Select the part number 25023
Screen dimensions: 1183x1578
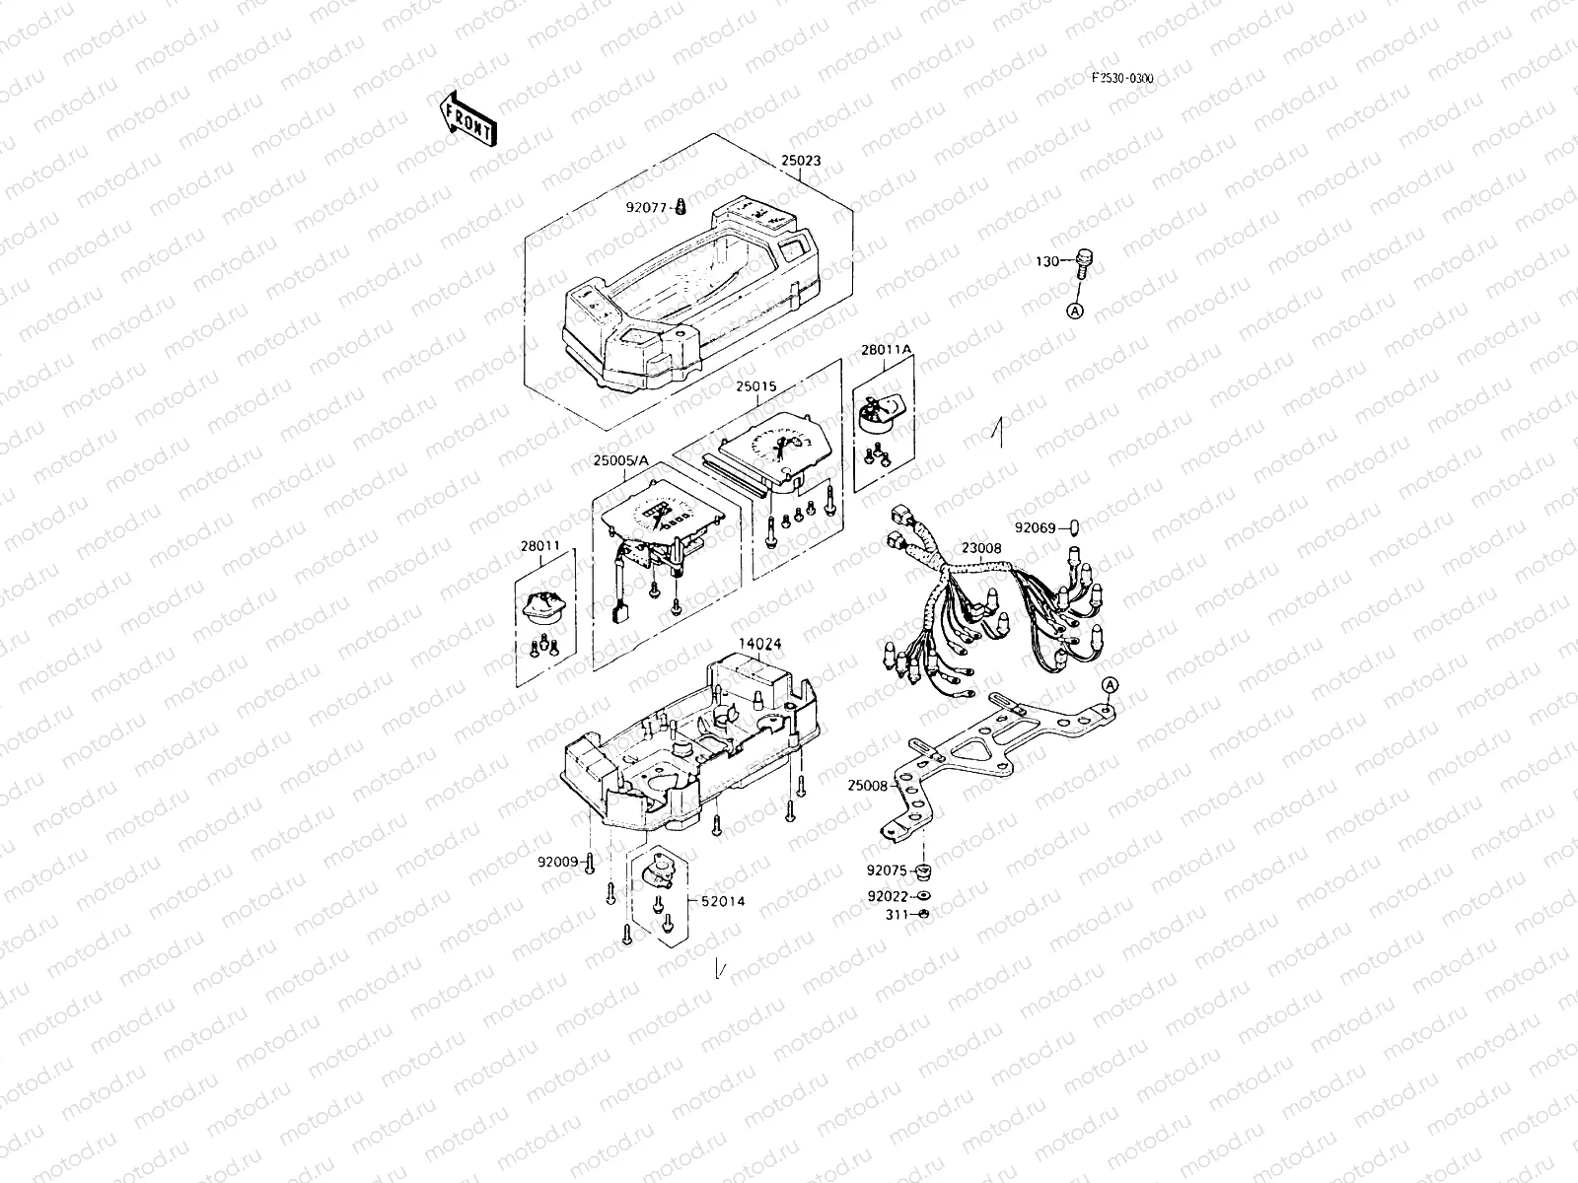tap(800, 160)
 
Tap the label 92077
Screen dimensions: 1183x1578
tap(647, 207)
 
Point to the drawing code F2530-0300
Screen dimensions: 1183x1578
tap(1121, 79)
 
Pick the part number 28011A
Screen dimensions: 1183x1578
tap(887, 350)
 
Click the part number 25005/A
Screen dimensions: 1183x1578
tap(621, 460)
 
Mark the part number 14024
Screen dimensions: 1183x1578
tap(760, 644)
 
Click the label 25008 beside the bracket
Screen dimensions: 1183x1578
tap(867, 786)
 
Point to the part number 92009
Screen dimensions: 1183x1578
tap(557, 861)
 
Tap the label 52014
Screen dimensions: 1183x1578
tap(724, 901)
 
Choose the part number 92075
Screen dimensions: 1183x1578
tap(887, 870)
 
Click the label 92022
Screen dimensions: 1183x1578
tap(887, 896)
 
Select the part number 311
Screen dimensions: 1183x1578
tap(896, 915)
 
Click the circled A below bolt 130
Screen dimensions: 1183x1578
tap(1075, 311)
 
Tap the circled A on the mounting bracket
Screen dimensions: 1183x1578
tap(1110, 684)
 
